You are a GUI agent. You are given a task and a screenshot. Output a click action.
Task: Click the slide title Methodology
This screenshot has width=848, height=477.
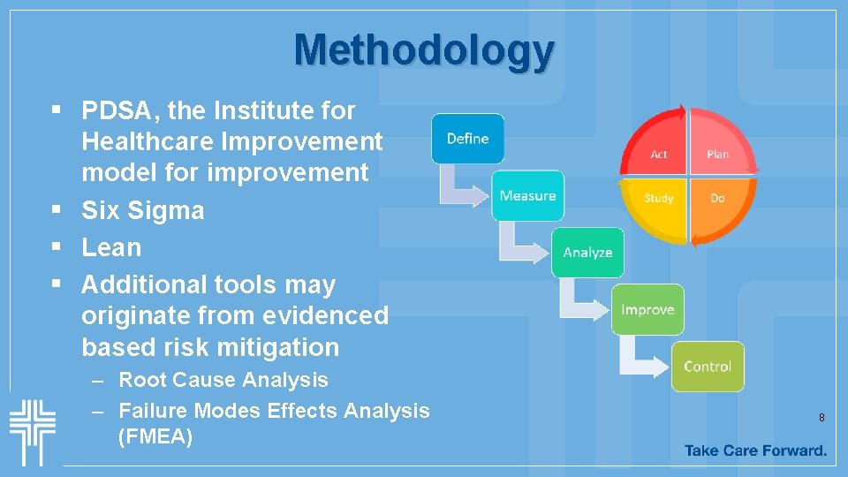click(x=424, y=50)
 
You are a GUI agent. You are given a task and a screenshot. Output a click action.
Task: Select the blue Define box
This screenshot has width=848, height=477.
click(x=467, y=139)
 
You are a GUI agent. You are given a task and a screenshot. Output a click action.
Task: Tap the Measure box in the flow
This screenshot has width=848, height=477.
click(x=527, y=195)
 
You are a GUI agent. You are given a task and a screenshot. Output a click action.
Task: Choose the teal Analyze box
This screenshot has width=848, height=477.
click(x=587, y=253)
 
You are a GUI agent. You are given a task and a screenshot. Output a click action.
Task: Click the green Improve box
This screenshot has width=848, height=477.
click(x=647, y=309)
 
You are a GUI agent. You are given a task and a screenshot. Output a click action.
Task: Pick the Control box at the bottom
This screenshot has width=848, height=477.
click(x=708, y=367)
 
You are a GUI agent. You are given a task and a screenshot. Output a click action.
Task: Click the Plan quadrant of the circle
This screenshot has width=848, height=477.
click(x=718, y=150)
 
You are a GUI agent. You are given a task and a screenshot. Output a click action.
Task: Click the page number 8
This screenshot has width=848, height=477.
click(x=821, y=417)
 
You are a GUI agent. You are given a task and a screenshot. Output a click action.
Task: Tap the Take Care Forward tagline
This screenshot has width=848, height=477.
click(x=755, y=450)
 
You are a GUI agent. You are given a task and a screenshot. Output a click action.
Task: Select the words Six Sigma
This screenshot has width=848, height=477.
click(x=142, y=210)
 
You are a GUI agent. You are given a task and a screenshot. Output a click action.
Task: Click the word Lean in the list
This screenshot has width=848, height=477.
click(x=111, y=247)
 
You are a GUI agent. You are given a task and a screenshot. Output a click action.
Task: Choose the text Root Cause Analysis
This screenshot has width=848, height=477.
click(x=223, y=380)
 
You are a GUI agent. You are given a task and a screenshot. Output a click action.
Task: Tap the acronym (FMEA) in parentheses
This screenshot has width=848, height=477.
click(x=155, y=436)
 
